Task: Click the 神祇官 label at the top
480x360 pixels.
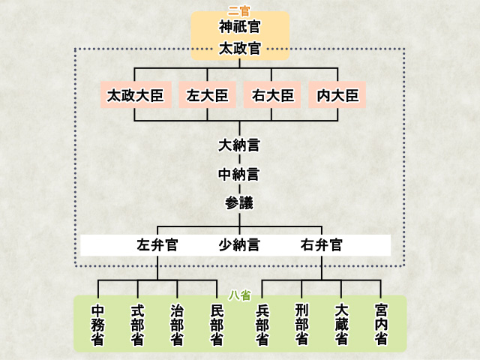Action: tap(240, 28)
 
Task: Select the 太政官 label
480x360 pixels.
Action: tap(240, 49)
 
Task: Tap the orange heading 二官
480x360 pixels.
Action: tap(239, 11)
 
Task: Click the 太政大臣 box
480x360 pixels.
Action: tap(136, 95)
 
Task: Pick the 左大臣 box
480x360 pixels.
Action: tap(207, 95)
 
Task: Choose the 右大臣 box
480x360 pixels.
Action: tap(271, 95)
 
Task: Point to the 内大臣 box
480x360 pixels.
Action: tap(337, 95)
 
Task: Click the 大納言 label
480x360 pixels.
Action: tap(239, 145)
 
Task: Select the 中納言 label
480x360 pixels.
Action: tap(239, 174)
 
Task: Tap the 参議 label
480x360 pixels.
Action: tap(239, 202)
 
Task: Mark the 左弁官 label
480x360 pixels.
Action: tap(157, 244)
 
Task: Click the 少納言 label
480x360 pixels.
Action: tap(239, 244)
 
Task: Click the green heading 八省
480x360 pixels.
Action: tap(239, 296)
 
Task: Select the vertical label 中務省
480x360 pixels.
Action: tap(98, 324)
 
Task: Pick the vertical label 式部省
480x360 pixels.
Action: tap(137, 324)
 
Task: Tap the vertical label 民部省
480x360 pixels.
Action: tap(217, 324)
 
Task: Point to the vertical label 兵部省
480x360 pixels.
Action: tap(262, 324)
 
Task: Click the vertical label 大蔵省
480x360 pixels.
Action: tap(341, 324)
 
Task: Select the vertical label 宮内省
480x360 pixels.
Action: tap(381, 324)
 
